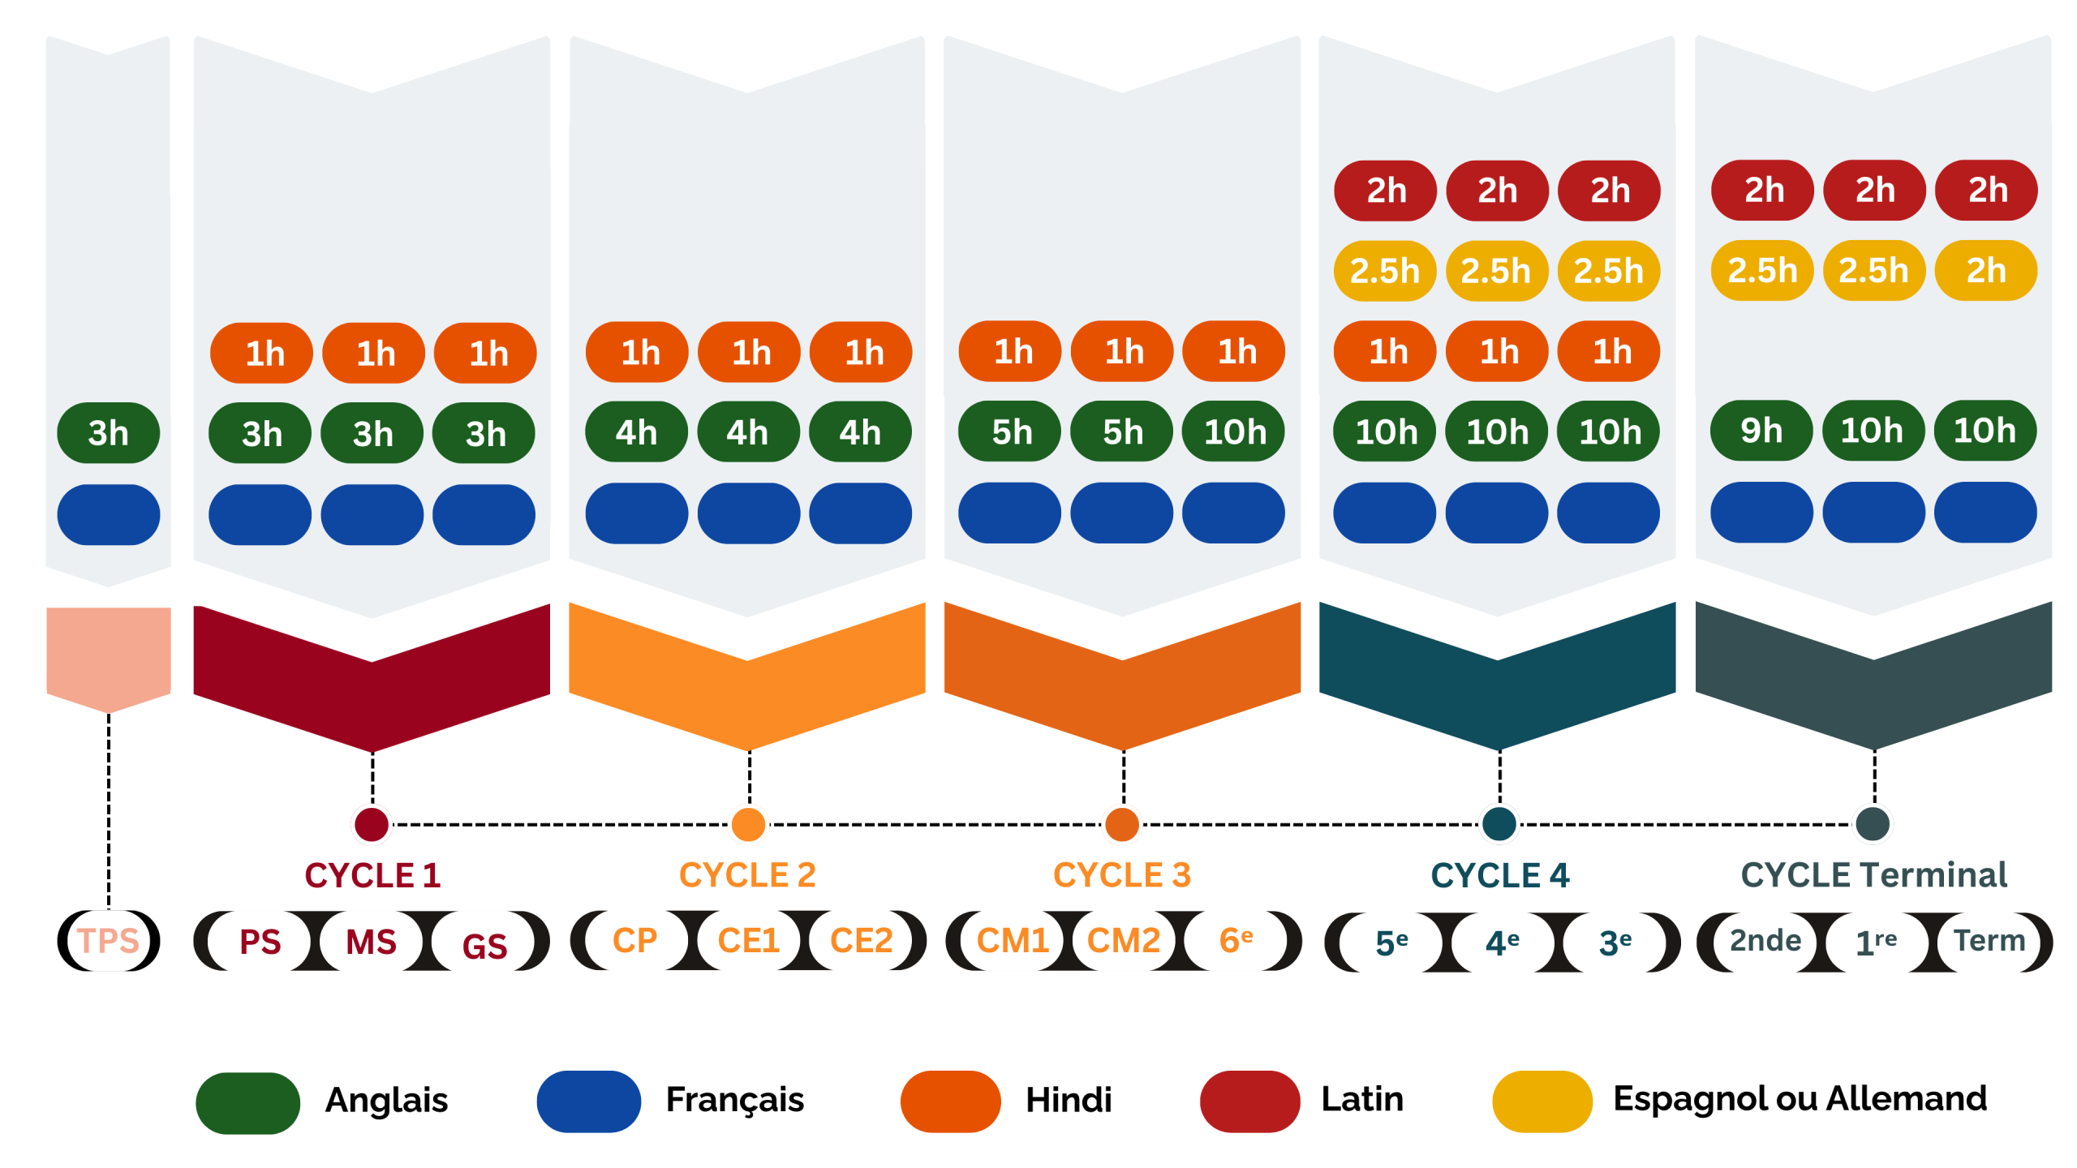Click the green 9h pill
click(x=1761, y=431)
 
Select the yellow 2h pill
click(x=1985, y=270)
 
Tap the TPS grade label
click(x=109, y=941)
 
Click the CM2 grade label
click(x=1123, y=941)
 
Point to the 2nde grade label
click(x=1765, y=941)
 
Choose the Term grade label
click(x=1989, y=941)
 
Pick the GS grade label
click(x=484, y=945)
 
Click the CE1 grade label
click(x=748, y=941)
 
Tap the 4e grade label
click(x=1502, y=943)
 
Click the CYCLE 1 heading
click(x=372, y=876)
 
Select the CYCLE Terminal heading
click(x=1873, y=875)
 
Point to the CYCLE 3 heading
click(x=1122, y=875)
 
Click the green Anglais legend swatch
click(x=248, y=1102)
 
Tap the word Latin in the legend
click(x=1362, y=1100)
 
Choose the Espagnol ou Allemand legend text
click(x=1800, y=1099)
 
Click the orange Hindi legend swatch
click(x=950, y=1101)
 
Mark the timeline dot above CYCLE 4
click(x=1499, y=824)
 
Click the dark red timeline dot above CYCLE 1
click(x=372, y=824)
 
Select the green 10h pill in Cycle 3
click(x=1234, y=432)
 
